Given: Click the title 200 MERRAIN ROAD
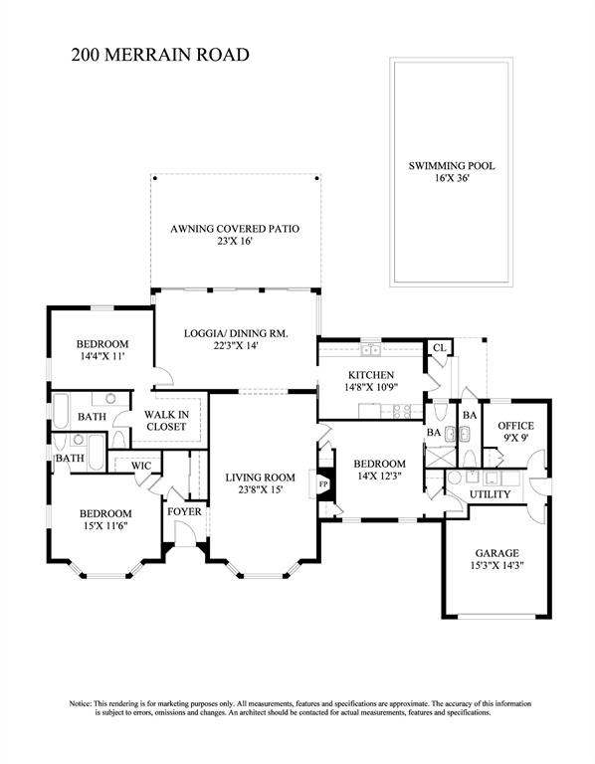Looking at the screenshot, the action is (x=160, y=55).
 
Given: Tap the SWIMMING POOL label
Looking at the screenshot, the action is (x=452, y=166).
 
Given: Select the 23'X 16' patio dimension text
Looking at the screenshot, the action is (x=235, y=241).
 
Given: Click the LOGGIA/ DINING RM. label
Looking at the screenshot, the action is (x=236, y=334).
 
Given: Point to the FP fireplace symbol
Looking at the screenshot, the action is (x=323, y=484).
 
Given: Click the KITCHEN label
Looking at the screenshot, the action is (x=371, y=375).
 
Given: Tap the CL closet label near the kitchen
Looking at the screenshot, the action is (x=440, y=347).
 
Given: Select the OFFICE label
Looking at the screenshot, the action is (x=515, y=426).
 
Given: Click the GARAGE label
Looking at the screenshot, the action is (x=497, y=553).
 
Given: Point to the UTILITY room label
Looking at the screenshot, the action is (x=490, y=494).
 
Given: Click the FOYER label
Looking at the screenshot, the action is (x=184, y=512).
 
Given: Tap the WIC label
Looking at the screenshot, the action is (x=141, y=466).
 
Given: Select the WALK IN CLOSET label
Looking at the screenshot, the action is (x=166, y=421).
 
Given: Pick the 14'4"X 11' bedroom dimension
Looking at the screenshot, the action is (x=102, y=356).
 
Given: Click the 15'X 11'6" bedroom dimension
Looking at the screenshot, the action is (x=105, y=525).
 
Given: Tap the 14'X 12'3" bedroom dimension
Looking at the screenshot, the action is (x=380, y=476).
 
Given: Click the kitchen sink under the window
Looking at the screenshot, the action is (x=371, y=349).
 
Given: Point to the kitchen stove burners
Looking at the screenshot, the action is (x=403, y=412).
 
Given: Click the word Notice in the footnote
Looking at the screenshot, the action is (x=80, y=703).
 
